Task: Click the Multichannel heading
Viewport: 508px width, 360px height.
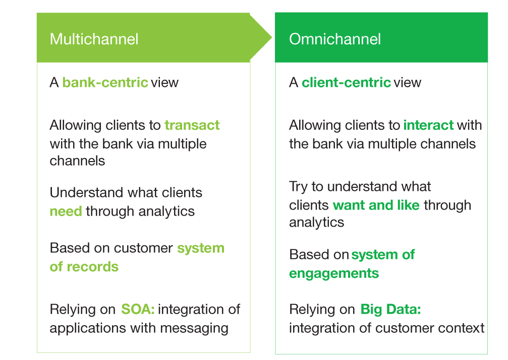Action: coord(94,39)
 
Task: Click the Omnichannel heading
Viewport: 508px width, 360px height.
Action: coord(334,39)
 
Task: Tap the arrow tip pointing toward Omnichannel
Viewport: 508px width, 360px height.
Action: coord(271,37)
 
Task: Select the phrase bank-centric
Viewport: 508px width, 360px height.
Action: coord(105,82)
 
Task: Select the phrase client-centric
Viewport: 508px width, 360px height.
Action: coord(347,82)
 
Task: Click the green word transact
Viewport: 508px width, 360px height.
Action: coord(192,125)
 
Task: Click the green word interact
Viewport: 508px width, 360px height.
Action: coord(428,125)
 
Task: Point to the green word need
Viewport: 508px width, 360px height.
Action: coord(66,212)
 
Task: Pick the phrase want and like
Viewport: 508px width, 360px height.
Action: coord(376,205)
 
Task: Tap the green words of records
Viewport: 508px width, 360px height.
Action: coord(84,267)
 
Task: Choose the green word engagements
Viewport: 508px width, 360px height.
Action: coord(334,273)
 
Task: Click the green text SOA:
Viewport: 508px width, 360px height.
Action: coord(138,309)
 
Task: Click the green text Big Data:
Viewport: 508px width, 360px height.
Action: coord(391,309)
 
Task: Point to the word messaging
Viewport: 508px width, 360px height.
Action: coord(194,329)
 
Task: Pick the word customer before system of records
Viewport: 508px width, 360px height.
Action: coord(143,248)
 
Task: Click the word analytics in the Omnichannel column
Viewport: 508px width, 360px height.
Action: coord(316,223)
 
